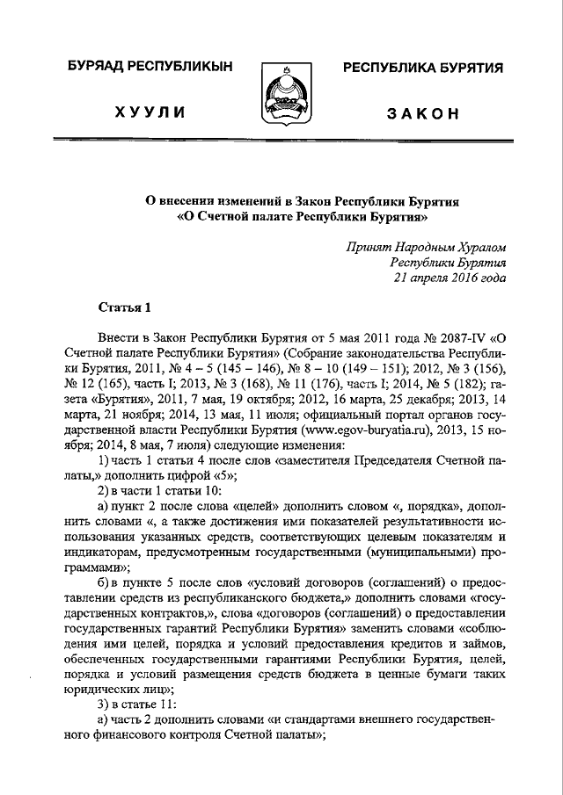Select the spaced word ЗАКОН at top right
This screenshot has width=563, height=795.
click(x=421, y=114)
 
